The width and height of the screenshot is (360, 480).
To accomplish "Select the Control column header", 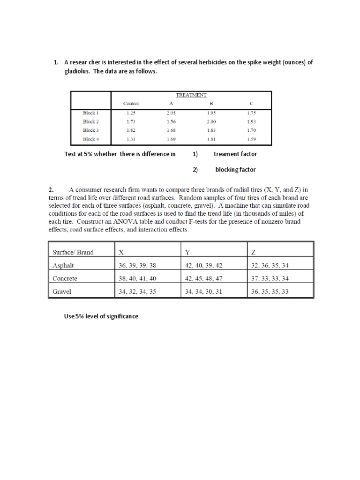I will point(131,104).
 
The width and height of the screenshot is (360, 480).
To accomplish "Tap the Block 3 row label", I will point(90,130).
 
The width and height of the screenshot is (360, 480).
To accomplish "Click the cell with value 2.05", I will point(171,113).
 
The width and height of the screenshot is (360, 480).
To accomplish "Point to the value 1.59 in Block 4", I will point(251,139).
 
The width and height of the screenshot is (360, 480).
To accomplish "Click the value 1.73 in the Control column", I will point(131,121).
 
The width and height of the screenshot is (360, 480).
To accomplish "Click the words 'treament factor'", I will point(235,154).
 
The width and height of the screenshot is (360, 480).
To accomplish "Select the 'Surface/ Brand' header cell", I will point(73,252).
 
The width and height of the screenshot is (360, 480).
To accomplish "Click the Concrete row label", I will point(65,278).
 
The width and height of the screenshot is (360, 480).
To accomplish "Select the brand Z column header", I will point(254,252).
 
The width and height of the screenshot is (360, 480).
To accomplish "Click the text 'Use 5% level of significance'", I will point(101,316).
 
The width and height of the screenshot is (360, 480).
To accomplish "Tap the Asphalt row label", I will point(63,265).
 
